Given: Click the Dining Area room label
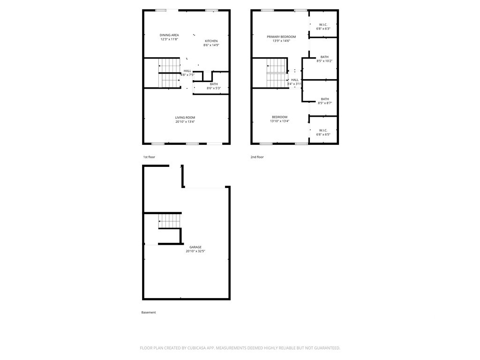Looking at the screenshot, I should click(169, 35).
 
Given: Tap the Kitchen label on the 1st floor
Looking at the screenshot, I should click(211, 41).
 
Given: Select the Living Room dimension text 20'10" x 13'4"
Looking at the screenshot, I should click(185, 122).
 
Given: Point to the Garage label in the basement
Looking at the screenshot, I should click(195, 247).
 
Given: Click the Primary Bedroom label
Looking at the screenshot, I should click(281, 37).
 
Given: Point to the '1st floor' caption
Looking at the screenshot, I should click(149, 157).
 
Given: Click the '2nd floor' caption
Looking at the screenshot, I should click(257, 157).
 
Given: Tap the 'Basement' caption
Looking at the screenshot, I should click(149, 313).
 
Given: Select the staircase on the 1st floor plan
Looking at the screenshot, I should click(169, 73).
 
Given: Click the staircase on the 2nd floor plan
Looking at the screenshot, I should click(277, 73).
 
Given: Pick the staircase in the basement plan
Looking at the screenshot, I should click(169, 219).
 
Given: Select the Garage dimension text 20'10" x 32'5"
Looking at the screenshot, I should click(195, 251).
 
